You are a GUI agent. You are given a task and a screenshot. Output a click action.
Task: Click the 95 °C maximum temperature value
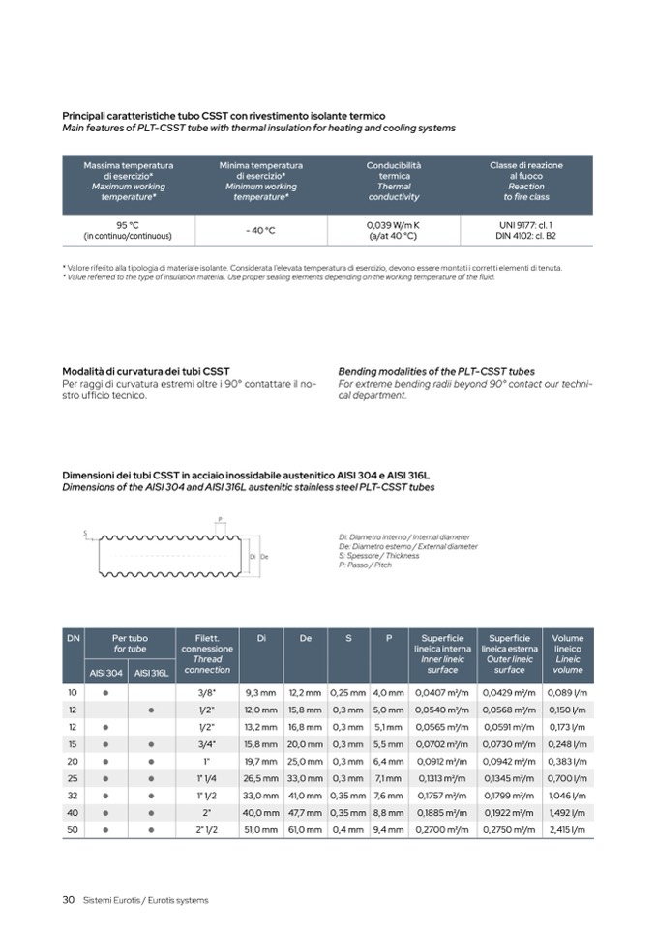[128, 225]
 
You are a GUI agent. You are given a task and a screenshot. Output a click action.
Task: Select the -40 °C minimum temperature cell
[260, 230]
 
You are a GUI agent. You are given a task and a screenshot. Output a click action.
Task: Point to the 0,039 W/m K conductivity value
[393, 225]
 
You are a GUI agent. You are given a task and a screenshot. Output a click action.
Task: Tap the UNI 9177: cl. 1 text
[525, 225]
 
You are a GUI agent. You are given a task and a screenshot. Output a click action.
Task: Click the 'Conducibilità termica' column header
[393, 171]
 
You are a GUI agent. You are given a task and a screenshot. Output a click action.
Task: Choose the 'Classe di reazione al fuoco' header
[525, 171]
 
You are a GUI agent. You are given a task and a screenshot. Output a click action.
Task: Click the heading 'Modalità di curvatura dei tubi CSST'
[146, 371]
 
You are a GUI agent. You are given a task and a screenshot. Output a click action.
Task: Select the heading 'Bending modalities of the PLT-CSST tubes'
[435, 371]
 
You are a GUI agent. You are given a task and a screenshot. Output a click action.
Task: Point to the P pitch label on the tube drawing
[220, 519]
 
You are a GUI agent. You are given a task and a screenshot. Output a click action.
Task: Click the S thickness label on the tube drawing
[85, 533]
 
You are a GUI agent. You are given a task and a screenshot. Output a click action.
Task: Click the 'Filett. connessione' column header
[207, 643]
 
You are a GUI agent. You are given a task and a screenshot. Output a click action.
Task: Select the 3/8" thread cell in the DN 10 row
[207, 693]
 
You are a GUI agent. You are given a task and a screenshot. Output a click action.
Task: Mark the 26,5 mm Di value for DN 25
[261, 776]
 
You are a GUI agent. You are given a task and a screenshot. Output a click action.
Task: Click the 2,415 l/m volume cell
[568, 829]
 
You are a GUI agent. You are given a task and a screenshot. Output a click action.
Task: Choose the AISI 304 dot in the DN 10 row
[104, 693]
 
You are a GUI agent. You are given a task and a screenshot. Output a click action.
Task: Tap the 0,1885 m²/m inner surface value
[442, 813]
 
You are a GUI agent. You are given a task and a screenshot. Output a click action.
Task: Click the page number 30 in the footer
[69, 900]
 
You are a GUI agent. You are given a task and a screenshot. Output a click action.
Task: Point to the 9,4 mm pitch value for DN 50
[388, 829]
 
